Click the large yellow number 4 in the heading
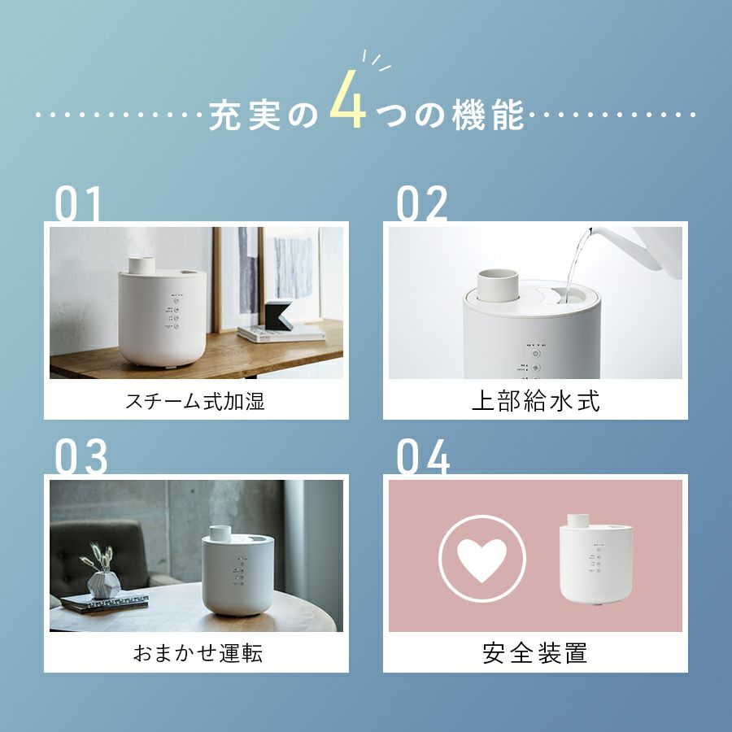tap(348, 99)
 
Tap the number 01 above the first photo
tap(77, 203)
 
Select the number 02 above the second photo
tap(421, 203)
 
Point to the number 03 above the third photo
tap(81, 456)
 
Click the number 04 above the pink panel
tap(423, 456)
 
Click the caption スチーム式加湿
tap(195, 401)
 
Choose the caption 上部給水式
tap(535, 401)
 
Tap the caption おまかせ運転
tap(198, 652)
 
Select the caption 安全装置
tap(535, 652)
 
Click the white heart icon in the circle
tap(481, 560)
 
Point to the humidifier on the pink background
tap(595, 559)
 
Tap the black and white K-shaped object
tap(279, 314)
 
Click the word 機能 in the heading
tap(487, 115)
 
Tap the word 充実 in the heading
tap(244, 115)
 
